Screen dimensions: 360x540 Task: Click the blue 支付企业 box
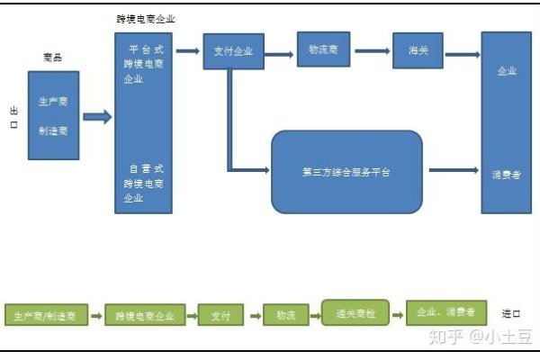click(x=232, y=51)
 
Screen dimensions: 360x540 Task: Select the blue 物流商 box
click(x=322, y=49)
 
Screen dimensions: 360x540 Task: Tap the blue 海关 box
click(x=418, y=50)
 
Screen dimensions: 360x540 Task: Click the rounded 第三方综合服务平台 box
click(x=346, y=171)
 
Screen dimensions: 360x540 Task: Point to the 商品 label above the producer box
click(x=52, y=57)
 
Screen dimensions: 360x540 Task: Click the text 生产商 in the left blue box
click(x=52, y=102)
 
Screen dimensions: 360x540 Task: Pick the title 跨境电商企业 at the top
click(x=145, y=18)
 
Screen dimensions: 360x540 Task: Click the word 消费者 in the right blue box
click(x=507, y=175)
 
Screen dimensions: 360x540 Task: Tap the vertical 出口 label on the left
click(x=13, y=117)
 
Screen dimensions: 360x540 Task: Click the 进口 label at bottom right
click(x=512, y=314)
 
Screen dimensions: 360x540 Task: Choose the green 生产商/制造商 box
click(x=45, y=316)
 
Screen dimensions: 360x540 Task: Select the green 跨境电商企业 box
click(x=144, y=316)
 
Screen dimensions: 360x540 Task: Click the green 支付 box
click(x=220, y=316)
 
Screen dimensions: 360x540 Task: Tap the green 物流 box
click(x=285, y=316)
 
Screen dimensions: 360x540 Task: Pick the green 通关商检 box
click(x=355, y=313)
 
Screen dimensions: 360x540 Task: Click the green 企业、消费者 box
click(x=445, y=312)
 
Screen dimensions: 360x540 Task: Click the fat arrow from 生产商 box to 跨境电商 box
click(x=96, y=116)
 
